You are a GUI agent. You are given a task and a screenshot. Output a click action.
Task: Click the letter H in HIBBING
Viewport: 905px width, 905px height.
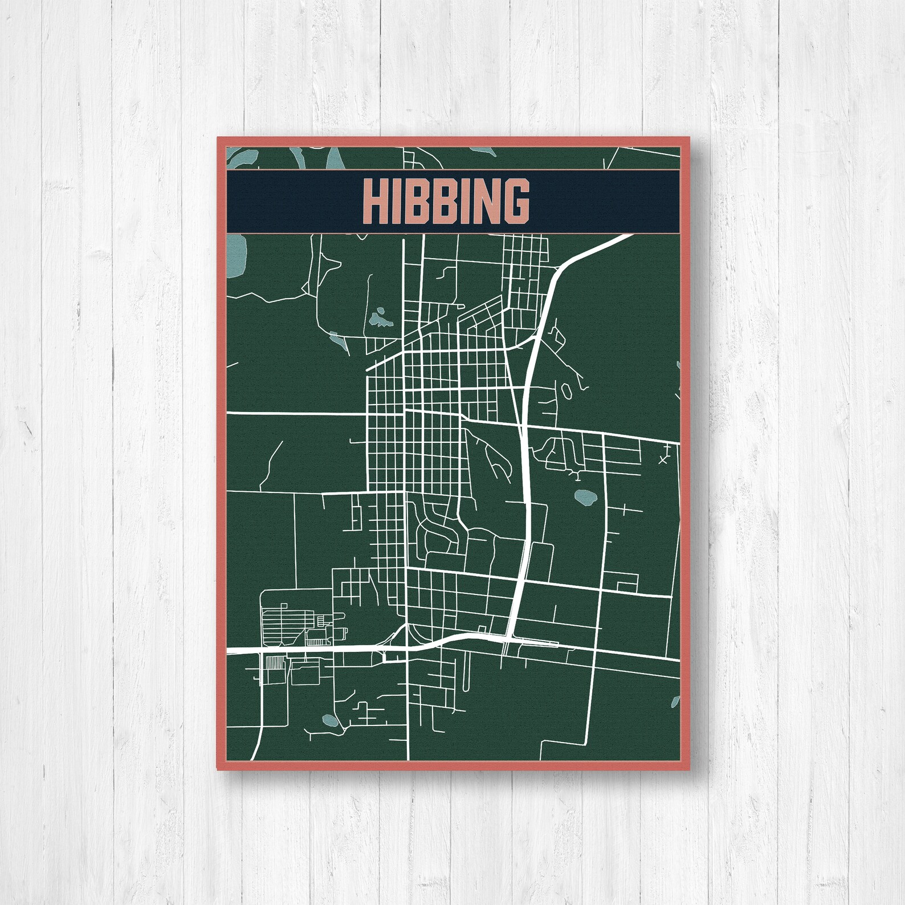pyautogui.click(x=377, y=202)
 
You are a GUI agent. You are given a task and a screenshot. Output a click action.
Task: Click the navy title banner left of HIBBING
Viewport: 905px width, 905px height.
pyautogui.click(x=291, y=202)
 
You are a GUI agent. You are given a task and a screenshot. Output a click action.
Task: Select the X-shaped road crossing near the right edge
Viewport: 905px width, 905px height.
pyautogui.click(x=663, y=460)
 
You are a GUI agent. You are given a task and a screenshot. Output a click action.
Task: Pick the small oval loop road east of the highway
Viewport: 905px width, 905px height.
pyautogui.click(x=567, y=391)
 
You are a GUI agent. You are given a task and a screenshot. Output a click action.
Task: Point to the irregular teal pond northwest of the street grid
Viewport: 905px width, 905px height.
pyautogui.click(x=377, y=317)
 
